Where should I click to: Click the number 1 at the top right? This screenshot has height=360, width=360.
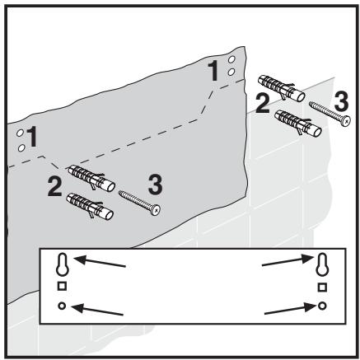pyautogui.click(x=216, y=71)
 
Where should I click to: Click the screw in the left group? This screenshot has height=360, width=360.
pyautogui.click(x=139, y=202)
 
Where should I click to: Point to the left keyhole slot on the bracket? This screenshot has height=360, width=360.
pyautogui.click(x=60, y=264)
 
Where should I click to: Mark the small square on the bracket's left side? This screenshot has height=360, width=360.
pyautogui.click(x=60, y=286)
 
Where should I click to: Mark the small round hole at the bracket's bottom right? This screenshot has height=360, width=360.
pyautogui.click(x=322, y=305)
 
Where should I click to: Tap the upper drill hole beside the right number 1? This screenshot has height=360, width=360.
pyautogui.click(x=232, y=61)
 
